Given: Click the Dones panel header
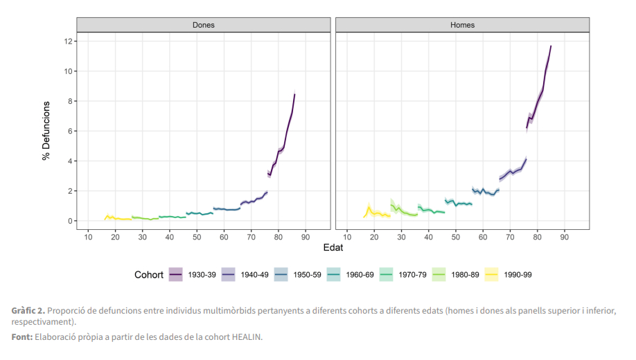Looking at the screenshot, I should [x=203, y=25].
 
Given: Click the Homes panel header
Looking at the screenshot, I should [x=462, y=25].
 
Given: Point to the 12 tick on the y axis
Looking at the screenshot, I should [x=69, y=42].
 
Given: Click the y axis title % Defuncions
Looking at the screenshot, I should [x=47, y=131].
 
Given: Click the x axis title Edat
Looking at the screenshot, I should [x=333, y=247].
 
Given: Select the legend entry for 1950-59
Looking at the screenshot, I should [x=297, y=275].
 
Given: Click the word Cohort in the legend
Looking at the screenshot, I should [x=149, y=275].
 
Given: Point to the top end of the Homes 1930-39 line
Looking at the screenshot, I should [x=551, y=46].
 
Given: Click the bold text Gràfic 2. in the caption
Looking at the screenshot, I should [x=28, y=309].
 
